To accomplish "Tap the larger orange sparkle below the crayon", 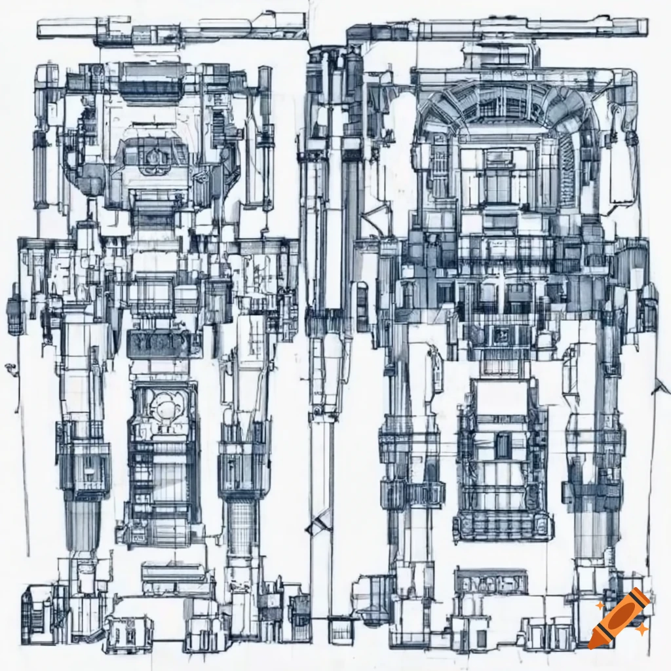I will [643, 630].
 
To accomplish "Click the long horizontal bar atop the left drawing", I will [170, 28].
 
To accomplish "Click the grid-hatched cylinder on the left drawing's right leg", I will [242, 518].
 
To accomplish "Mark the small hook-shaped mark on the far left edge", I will [9, 368].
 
